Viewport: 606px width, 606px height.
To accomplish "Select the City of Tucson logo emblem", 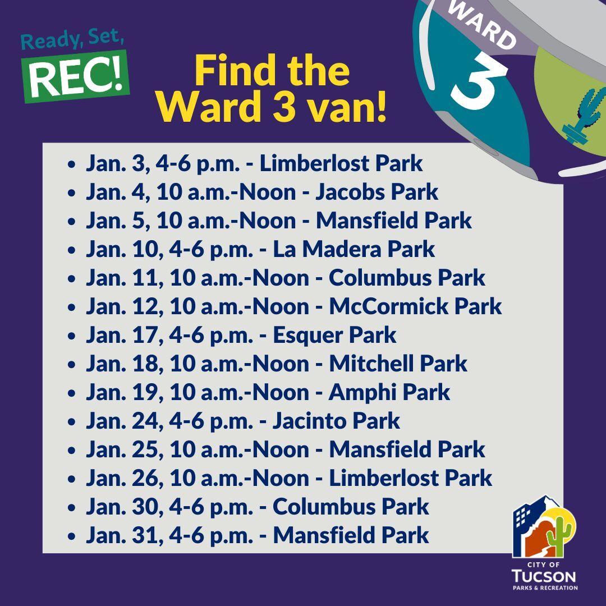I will coord(544,527).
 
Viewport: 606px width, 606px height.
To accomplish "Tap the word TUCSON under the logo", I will coord(544,576).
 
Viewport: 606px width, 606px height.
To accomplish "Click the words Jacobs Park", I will coord(377,192).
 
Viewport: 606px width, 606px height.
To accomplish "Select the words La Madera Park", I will coord(353,250).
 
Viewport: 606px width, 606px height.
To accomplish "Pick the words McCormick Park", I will coord(415,307).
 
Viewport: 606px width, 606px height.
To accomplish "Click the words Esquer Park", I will coord(334,336).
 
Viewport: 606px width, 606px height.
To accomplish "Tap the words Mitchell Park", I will coord(398,364).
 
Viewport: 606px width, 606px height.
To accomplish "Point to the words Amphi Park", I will coord(389,393).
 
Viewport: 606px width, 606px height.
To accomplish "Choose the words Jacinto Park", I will coord(336,421).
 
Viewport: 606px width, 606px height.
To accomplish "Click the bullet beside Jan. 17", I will coord(71,337).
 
